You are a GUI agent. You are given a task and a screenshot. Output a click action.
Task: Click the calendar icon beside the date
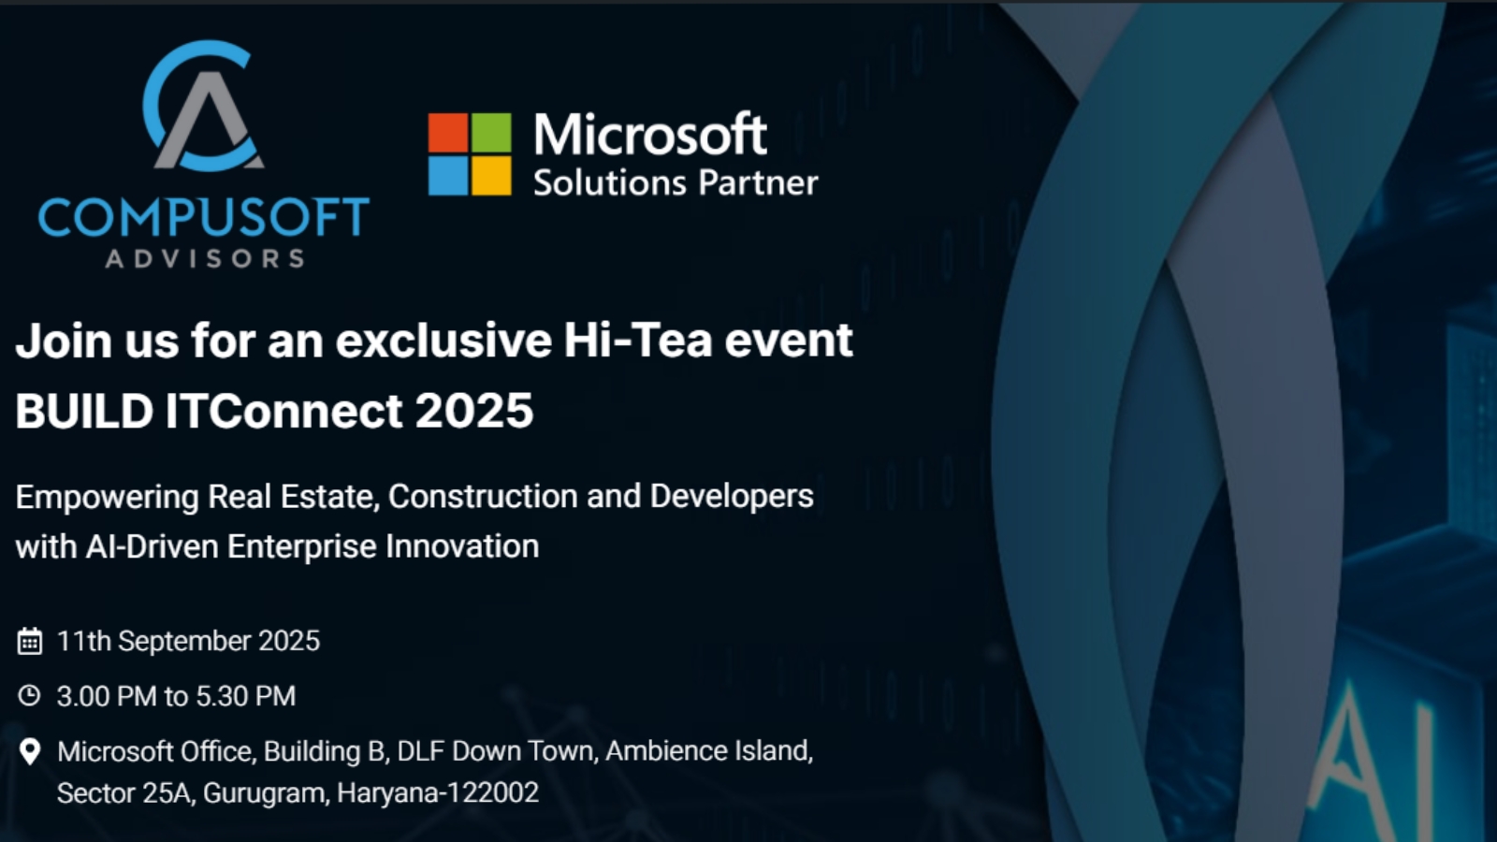pos(29,642)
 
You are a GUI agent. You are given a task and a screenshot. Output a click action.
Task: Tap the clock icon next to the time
pos(29,696)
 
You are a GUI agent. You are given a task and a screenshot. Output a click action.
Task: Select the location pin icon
pos(29,752)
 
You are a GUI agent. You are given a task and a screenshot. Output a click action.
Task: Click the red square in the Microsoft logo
pos(448,132)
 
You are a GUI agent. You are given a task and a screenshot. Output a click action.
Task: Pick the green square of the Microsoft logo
pos(491,132)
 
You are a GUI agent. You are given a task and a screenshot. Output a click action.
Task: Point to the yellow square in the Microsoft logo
pos(491,176)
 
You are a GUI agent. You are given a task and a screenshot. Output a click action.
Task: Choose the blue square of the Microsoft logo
pos(448,176)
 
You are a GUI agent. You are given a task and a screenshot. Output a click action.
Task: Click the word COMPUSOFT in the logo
pos(204,216)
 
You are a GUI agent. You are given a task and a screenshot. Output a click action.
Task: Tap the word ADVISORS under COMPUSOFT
pos(205,258)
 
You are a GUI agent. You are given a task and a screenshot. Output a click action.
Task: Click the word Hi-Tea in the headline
pos(637,341)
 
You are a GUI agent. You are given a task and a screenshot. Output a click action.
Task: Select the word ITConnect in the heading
pos(283,411)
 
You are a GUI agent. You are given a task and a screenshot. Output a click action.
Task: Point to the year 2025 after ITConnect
pos(473,411)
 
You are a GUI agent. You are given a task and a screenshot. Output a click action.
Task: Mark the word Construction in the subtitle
pos(483,497)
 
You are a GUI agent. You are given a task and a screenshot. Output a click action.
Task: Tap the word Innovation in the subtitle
pos(462,546)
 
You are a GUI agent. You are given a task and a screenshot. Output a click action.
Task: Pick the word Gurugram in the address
pos(266,793)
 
